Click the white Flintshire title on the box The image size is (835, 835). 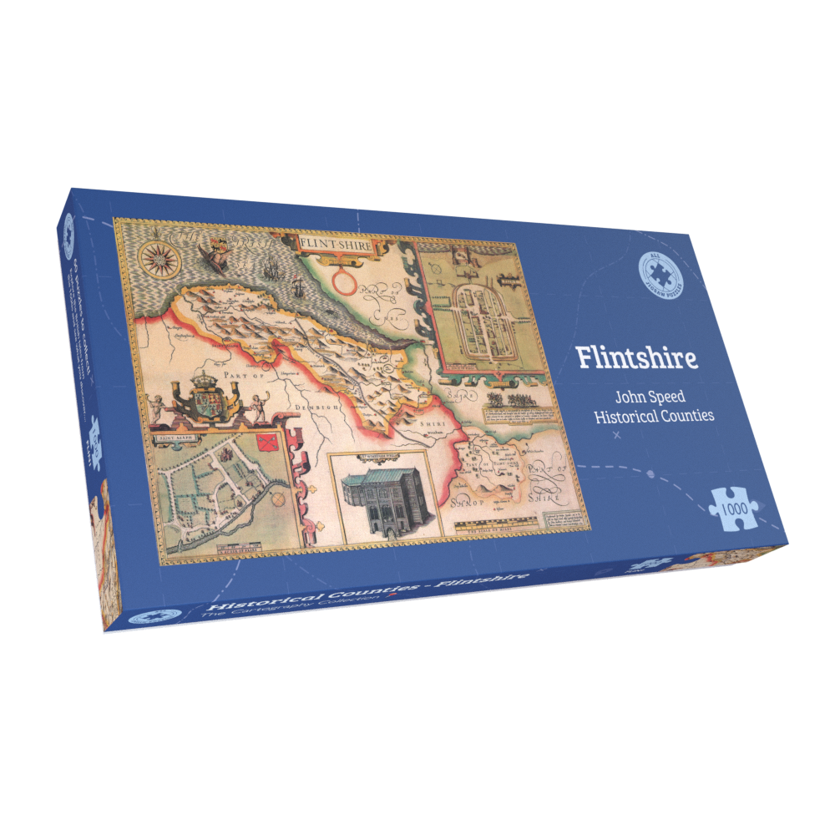click(x=636, y=357)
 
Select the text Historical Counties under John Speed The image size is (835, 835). click(x=655, y=416)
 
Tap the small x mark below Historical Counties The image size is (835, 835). click(x=616, y=436)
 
